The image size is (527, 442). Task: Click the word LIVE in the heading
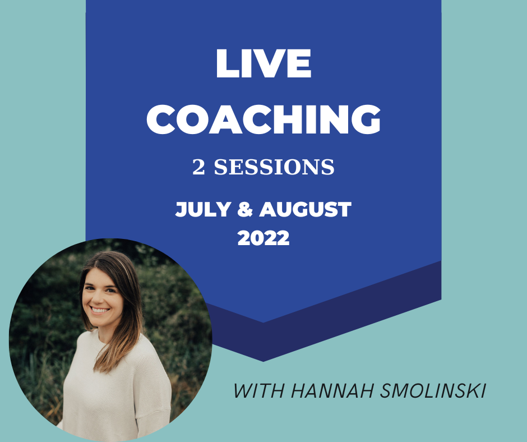[263, 65]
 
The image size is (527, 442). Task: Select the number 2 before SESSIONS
[198, 168]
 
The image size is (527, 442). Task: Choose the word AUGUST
[305, 210]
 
